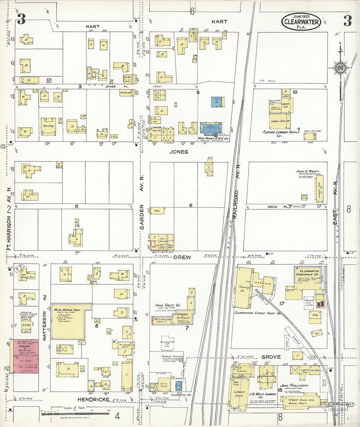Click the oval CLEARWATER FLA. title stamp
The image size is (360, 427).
[301, 22]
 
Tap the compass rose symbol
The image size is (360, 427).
[340, 68]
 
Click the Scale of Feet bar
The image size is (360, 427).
[75, 413]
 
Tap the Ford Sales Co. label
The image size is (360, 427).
[168, 305]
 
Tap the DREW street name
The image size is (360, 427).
[182, 258]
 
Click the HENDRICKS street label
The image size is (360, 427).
[93, 400]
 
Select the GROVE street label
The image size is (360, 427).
[271, 357]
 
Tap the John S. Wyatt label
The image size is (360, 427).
[307, 171]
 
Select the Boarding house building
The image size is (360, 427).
[48, 126]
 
